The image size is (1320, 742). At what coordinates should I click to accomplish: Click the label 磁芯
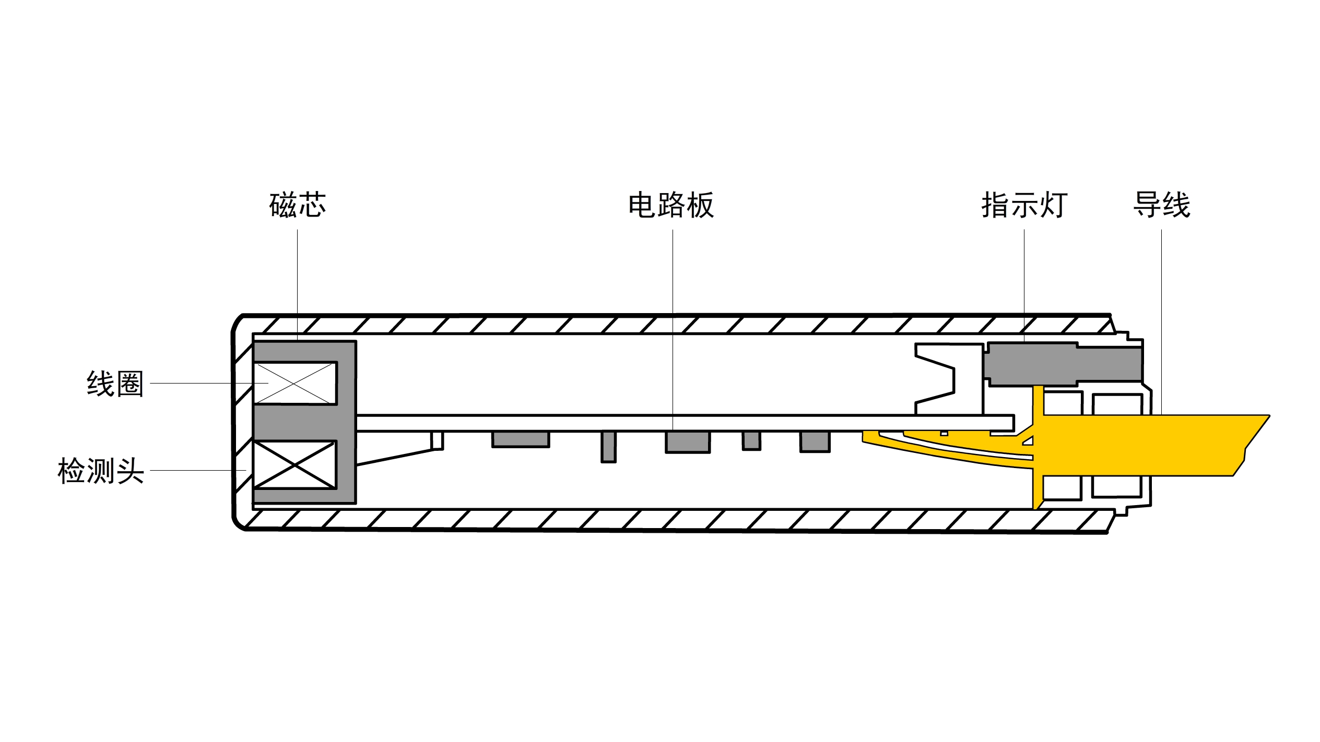(x=298, y=205)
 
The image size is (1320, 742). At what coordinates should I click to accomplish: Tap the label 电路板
(x=671, y=205)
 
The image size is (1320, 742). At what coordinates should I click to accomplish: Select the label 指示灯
(x=1024, y=205)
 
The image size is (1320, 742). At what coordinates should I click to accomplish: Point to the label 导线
(x=1161, y=205)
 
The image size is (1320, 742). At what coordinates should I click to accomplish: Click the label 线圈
(x=115, y=384)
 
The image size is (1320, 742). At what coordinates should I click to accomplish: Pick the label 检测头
(x=101, y=471)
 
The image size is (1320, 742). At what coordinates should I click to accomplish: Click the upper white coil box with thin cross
(x=295, y=383)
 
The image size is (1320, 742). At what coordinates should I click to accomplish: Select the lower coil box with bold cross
(x=295, y=465)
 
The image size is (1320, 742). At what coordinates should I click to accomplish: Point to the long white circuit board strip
(x=679, y=423)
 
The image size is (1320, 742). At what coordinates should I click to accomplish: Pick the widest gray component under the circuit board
(x=521, y=439)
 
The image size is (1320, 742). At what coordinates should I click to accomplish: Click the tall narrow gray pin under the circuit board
(x=608, y=447)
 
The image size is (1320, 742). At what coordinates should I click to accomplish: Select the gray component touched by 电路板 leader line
(x=688, y=442)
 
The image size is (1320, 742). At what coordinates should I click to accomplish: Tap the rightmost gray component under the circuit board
(x=815, y=441)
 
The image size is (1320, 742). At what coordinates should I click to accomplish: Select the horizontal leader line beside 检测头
(x=198, y=470)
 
